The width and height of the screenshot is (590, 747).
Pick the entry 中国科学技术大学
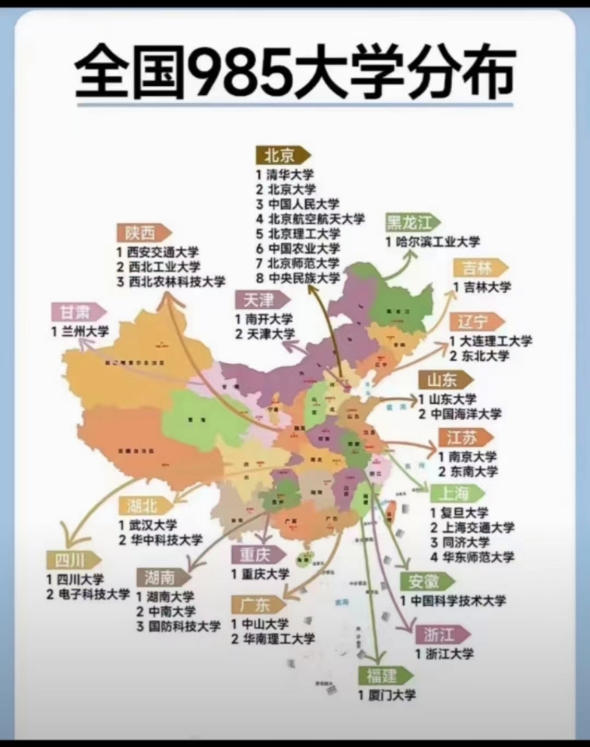click(x=457, y=601)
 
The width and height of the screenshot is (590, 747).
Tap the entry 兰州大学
click(x=87, y=331)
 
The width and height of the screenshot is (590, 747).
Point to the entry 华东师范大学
click(x=479, y=556)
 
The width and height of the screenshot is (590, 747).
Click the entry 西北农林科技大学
click(x=176, y=281)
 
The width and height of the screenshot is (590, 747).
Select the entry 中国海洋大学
click(x=465, y=414)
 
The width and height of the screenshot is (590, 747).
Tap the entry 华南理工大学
click(x=279, y=638)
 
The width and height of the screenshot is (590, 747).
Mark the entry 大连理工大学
click(x=495, y=341)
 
